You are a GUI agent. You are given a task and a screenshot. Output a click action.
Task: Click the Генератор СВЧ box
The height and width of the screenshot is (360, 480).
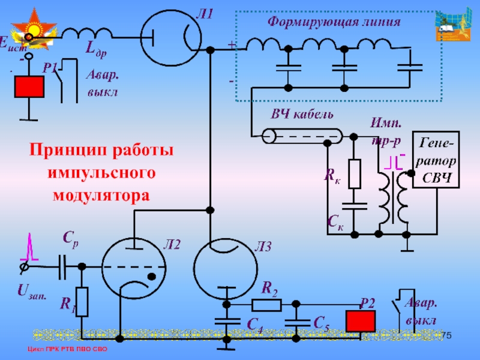click(x=436, y=160)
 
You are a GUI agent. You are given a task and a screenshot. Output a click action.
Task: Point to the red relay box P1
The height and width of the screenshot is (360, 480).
click(x=29, y=87)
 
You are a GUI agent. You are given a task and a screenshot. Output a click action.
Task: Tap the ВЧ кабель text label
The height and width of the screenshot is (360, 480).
click(x=303, y=115)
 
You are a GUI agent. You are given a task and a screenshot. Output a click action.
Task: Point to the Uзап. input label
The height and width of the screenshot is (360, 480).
click(x=28, y=292)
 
